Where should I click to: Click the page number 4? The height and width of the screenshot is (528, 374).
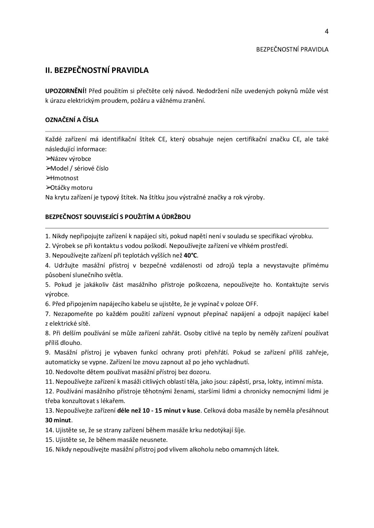point(326,32)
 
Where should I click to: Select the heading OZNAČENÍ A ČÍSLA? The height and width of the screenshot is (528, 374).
point(72,120)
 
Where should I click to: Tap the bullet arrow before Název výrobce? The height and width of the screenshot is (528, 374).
point(48,158)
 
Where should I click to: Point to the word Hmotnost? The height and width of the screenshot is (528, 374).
point(64,178)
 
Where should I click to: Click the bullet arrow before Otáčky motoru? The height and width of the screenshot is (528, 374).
point(48,187)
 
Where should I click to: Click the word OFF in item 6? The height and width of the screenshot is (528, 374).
point(251,304)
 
